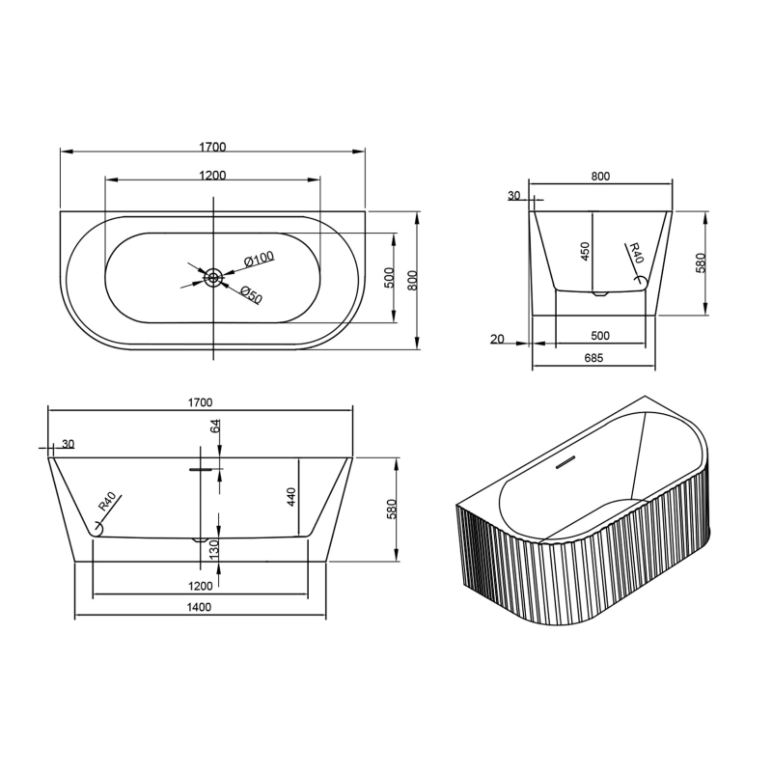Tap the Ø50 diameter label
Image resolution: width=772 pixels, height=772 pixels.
tap(252, 294)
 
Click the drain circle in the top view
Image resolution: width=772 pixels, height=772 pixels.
tap(213, 278)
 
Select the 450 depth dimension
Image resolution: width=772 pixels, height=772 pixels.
tap(585, 251)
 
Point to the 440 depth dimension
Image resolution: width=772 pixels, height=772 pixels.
tap(290, 497)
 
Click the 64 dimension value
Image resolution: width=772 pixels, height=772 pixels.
tap(215, 427)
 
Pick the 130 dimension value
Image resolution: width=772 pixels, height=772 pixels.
tap(214, 549)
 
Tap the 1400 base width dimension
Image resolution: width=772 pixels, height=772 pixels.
tap(199, 607)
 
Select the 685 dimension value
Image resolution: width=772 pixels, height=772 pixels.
tap(593, 358)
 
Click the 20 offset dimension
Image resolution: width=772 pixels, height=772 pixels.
tap(497, 340)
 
